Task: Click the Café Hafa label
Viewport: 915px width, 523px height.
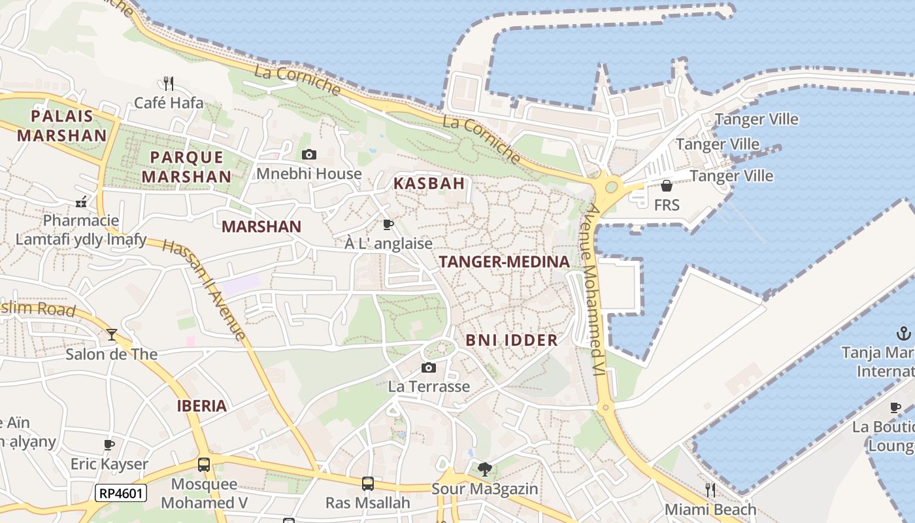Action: (169, 103)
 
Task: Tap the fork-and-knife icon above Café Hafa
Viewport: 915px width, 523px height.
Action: (169, 83)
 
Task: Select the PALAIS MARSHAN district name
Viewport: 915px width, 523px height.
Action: (61, 126)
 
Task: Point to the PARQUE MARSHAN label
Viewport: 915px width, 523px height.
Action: (186, 167)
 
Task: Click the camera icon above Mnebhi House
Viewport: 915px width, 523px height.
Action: (309, 155)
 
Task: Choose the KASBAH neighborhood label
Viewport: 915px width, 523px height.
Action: (429, 184)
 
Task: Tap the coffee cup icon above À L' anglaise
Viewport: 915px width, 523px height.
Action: (388, 225)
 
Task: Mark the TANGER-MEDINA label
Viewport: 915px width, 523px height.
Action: (504, 262)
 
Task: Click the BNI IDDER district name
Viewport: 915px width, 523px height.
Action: (512, 340)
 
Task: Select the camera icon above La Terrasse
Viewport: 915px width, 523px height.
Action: (429, 368)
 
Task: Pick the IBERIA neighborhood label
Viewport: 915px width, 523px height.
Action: (201, 406)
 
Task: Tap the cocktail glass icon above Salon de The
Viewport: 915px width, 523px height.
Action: (112, 335)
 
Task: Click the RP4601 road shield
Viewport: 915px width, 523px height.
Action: (121, 493)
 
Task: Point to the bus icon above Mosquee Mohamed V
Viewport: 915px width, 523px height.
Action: (204, 465)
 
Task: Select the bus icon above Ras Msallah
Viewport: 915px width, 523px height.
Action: (368, 484)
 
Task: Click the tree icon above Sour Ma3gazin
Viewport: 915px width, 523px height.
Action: (484, 469)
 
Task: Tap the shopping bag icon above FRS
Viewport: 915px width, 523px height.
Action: (667, 186)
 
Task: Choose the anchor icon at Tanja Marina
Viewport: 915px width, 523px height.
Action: (903, 333)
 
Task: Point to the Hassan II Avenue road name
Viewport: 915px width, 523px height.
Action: (204, 290)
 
